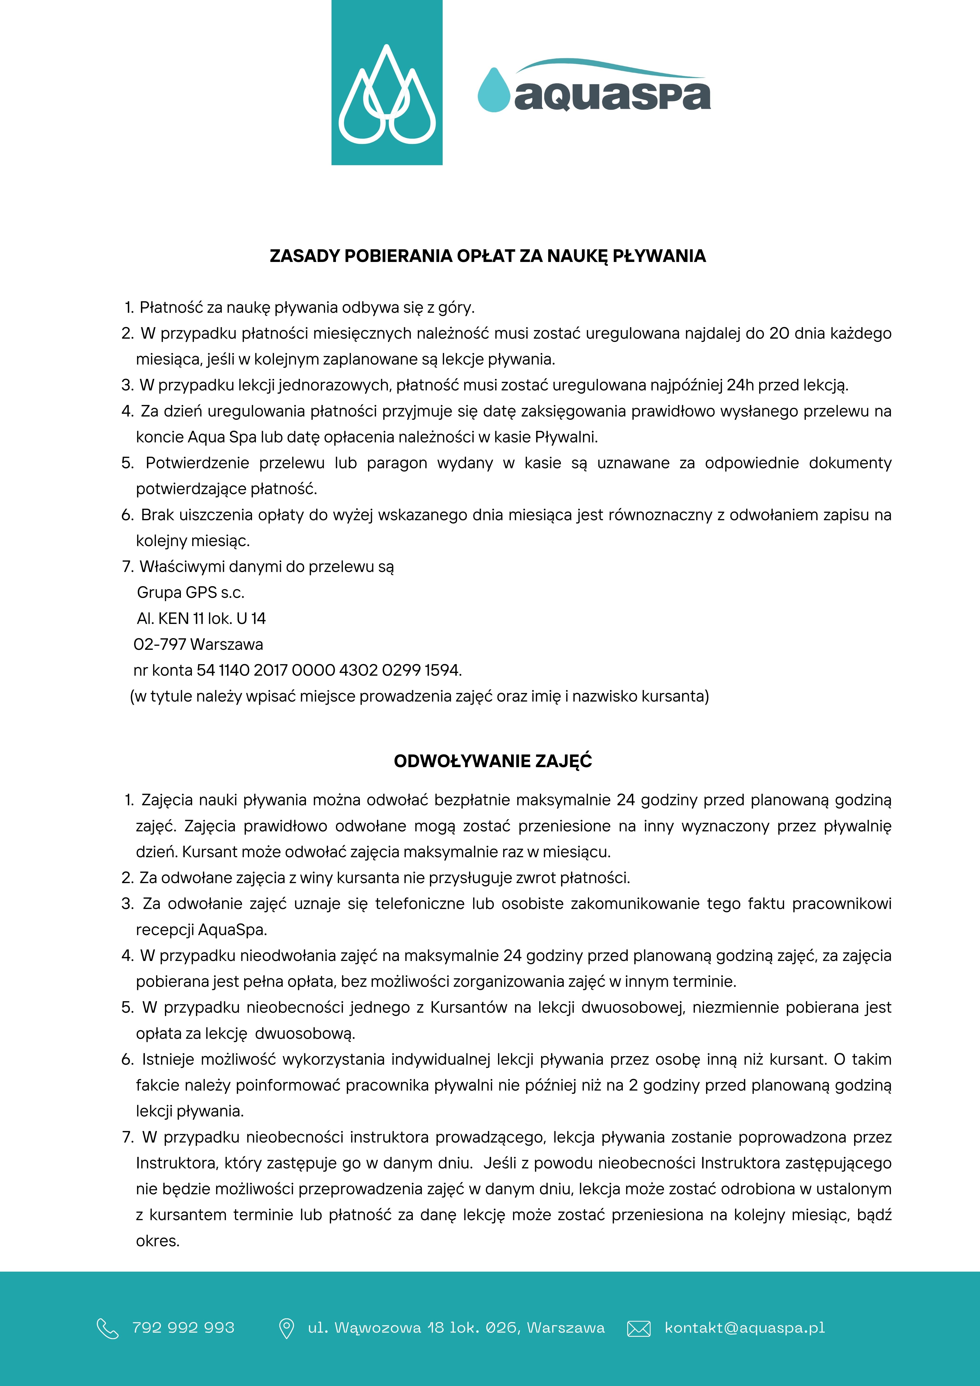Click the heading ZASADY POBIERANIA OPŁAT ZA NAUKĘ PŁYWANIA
487,256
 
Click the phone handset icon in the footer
107,1328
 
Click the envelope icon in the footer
639,1328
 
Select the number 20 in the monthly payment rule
779,333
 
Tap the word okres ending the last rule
158,1241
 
